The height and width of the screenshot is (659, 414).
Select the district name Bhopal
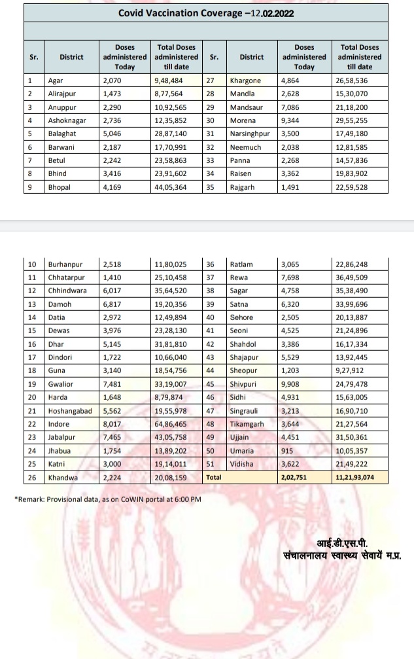(x=60, y=187)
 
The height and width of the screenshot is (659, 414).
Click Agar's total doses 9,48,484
(x=168, y=80)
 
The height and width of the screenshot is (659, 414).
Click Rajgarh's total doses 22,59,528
(x=351, y=187)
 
